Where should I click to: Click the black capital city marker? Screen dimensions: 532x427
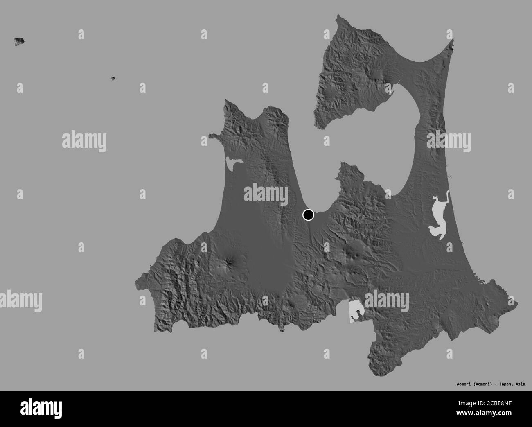click(x=308, y=215)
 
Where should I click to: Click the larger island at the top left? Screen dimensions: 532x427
click(x=19, y=41)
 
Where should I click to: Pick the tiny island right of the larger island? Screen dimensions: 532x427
click(x=113, y=78)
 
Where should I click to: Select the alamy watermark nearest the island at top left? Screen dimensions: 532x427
click(x=84, y=141)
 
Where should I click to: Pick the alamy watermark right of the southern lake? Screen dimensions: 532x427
click(x=386, y=302)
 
